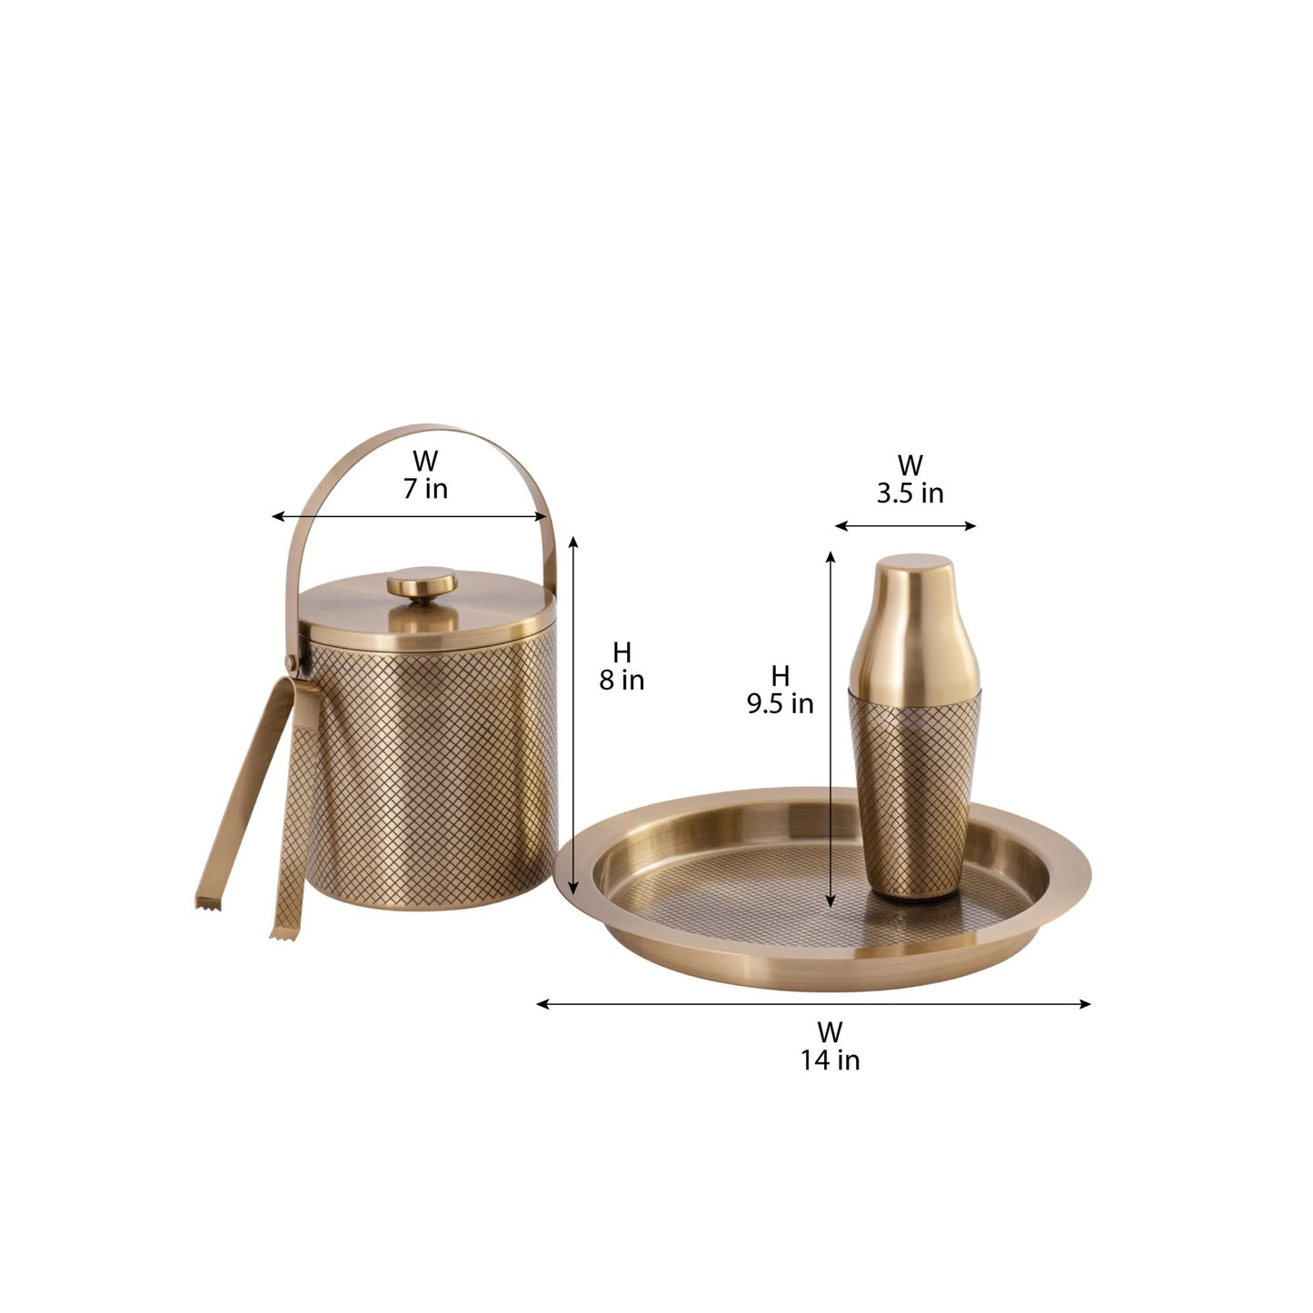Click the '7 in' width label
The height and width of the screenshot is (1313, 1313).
pos(425,489)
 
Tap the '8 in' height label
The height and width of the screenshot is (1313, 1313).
pos(622,680)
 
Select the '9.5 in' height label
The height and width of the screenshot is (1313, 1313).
pos(780,703)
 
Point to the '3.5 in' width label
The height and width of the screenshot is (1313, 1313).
pos(910,493)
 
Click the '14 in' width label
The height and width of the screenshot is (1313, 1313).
pos(830,1059)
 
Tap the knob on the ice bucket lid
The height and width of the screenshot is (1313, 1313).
pos(422,583)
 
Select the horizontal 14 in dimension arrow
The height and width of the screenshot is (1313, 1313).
pos(813,1004)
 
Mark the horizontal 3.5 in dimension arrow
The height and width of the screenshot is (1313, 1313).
pos(905,525)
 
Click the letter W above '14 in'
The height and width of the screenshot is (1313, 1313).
pos(829,1032)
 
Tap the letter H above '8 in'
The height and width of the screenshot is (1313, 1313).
pos(622,652)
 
